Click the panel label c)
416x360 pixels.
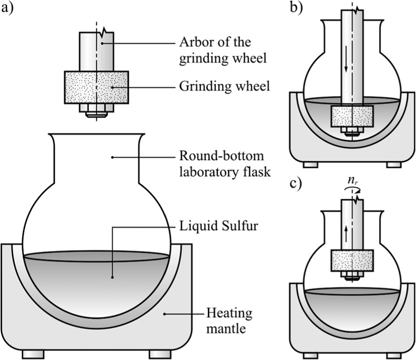pos(296,183)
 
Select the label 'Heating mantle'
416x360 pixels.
pos(229,321)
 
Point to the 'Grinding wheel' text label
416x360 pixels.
pos(225,86)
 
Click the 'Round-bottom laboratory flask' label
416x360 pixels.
pos(225,164)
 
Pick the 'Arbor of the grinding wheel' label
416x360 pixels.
pos(223,50)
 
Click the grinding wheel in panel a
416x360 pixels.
pos(97,87)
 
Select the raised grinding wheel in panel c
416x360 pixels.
pos(352,261)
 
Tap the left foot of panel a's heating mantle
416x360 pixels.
pos(33,354)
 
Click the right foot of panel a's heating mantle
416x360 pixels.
pos(160,354)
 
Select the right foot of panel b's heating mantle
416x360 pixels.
pos(394,165)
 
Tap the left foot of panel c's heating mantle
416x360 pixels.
pos(311,356)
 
